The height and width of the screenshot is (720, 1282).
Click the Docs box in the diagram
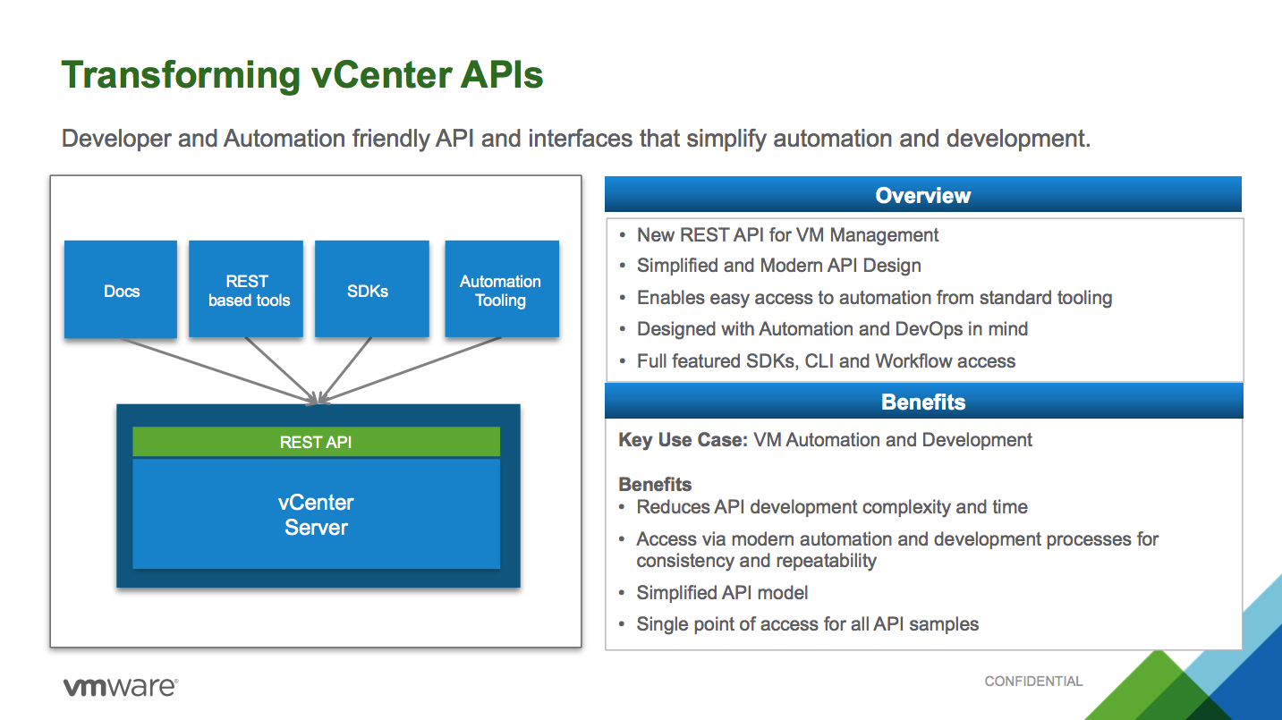121,289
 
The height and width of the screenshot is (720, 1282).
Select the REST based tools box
246,289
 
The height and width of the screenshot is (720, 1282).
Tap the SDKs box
367,289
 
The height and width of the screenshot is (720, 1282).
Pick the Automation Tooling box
501,289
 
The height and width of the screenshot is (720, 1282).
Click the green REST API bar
316,442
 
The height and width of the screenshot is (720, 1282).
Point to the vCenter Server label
316,515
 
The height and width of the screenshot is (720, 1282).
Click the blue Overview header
922,196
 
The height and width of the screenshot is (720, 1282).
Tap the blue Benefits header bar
922,402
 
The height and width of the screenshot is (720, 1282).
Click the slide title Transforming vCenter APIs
301,75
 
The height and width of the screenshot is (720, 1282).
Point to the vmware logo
120,687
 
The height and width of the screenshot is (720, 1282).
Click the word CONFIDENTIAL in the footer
1033,682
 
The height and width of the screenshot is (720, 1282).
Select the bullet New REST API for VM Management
787,235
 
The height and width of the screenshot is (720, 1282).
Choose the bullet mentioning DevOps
832,329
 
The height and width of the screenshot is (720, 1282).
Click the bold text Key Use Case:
683,440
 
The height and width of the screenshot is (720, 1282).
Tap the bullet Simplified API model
722,593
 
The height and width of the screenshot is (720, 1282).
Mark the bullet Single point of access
807,624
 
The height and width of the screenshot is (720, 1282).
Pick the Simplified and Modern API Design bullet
778,266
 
